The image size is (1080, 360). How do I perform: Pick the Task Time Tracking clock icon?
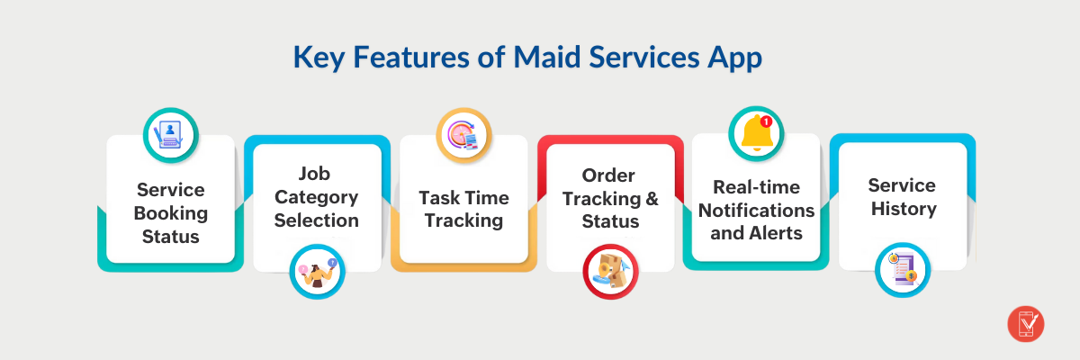pyautogui.click(x=463, y=135)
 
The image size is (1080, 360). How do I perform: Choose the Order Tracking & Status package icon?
pyautogui.click(x=609, y=272)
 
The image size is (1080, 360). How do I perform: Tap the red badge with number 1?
pyautogui.click(x=766, y=121)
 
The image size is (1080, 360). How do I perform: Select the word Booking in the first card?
pyautogui.click(x=171, y=213)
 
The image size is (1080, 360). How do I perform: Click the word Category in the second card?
pyautogui.click(x=317, y=197)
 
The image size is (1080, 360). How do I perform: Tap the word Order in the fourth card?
pyautogui.click(x=608, y=175)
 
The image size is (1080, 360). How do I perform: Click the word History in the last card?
pyautogui.click(x=902, y=209)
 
